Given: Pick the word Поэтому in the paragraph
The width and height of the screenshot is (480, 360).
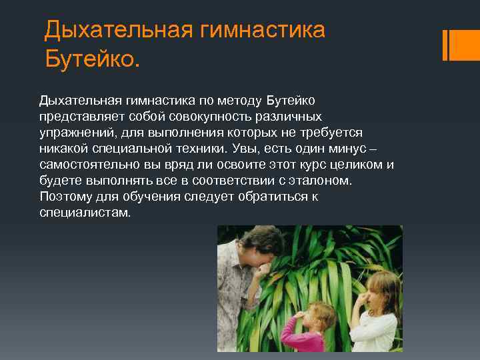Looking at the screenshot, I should click(x=65, y=196).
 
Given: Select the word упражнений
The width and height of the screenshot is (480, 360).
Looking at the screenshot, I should click(x=75, y=132).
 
